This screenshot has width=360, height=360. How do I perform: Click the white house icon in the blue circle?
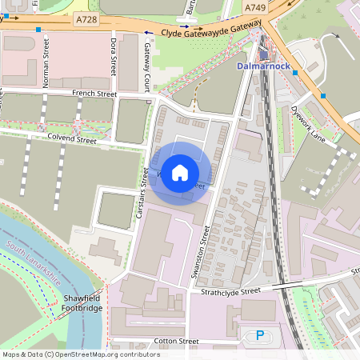tap(180, 173)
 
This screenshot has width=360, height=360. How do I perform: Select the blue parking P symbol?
tap(258, 336)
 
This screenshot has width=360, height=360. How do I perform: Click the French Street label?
tap(95, 94)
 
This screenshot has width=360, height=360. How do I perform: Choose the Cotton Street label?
tap(177, 342)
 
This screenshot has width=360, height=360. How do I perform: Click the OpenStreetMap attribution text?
tap(81, 354)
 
